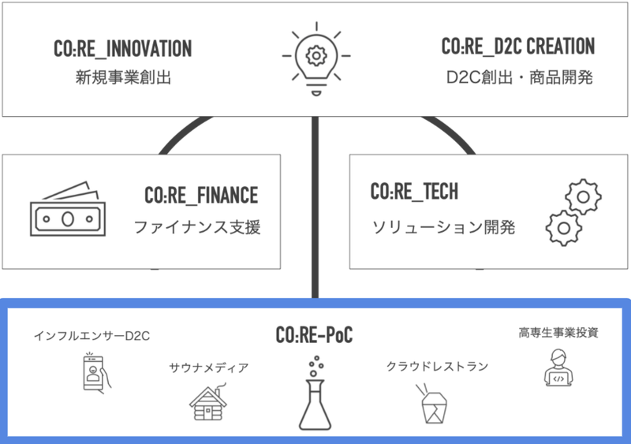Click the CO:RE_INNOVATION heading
[122, 49]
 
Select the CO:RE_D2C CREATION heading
[517, 47]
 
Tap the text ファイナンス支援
[196, 229]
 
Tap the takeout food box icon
[432, 403]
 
